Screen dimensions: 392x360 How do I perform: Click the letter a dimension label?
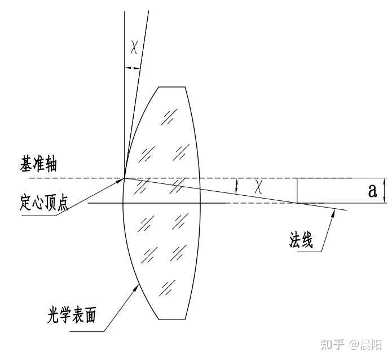372,191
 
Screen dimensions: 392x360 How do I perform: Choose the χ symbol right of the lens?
258,187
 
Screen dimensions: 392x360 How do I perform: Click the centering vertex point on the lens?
124,178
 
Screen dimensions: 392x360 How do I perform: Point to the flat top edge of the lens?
172,87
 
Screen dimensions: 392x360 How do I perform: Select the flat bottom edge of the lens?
172,319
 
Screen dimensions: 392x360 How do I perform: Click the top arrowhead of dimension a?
384,181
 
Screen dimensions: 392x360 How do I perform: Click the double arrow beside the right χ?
237,186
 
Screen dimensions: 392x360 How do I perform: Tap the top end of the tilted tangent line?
148,11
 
